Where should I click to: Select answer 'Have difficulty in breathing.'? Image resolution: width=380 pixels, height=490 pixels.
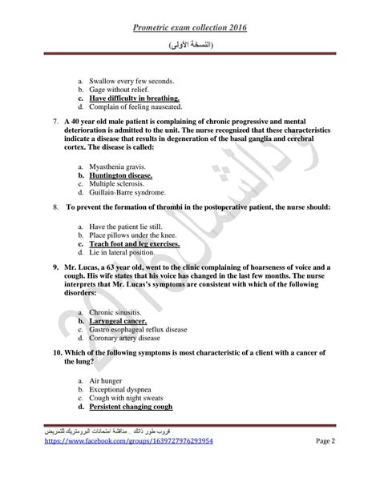tap(135, 99)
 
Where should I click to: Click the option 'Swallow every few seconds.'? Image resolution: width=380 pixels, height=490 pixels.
tap(131, 81)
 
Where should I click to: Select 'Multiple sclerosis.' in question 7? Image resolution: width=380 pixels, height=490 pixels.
tap(117, 183)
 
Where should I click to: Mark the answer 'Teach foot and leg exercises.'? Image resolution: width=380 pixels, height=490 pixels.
tap(134, 244)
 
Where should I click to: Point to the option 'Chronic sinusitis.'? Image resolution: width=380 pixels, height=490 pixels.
tap(116, 312)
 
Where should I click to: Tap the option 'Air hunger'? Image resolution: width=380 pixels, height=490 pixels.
tap(107, 380)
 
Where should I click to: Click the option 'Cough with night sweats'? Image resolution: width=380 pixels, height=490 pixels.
tap(127, 398)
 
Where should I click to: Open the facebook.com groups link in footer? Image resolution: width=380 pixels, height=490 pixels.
tap(127, 463)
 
